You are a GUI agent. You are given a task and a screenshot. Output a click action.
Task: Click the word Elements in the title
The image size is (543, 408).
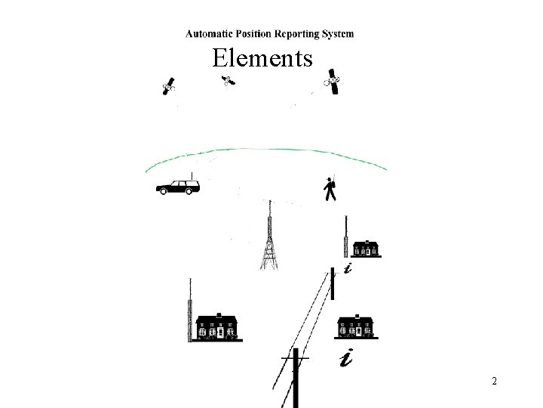pos(262,57)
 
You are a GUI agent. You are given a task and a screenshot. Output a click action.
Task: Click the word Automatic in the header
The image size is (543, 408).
pos(210,33)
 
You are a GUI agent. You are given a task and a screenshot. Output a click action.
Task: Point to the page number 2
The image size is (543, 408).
pos(494,382)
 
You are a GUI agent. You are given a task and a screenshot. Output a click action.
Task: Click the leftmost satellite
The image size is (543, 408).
pos(170,86)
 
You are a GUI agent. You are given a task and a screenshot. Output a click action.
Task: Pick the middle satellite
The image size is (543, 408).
pos(226,81)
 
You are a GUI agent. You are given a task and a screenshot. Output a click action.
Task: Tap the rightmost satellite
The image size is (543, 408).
pos(333,82)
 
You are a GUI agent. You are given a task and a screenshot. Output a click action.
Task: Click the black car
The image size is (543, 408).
pos(178,186)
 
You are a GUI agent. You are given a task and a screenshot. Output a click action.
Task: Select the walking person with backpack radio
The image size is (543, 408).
pos(330,189)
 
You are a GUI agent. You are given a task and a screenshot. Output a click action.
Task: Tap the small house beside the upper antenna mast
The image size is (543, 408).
pos(367,248)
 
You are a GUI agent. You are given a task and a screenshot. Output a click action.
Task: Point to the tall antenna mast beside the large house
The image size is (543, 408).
pos(190,311)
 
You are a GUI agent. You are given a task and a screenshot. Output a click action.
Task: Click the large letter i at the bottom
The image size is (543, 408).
pos(346,359)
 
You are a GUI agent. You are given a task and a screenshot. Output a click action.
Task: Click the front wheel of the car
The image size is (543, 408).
pos(163,191)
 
